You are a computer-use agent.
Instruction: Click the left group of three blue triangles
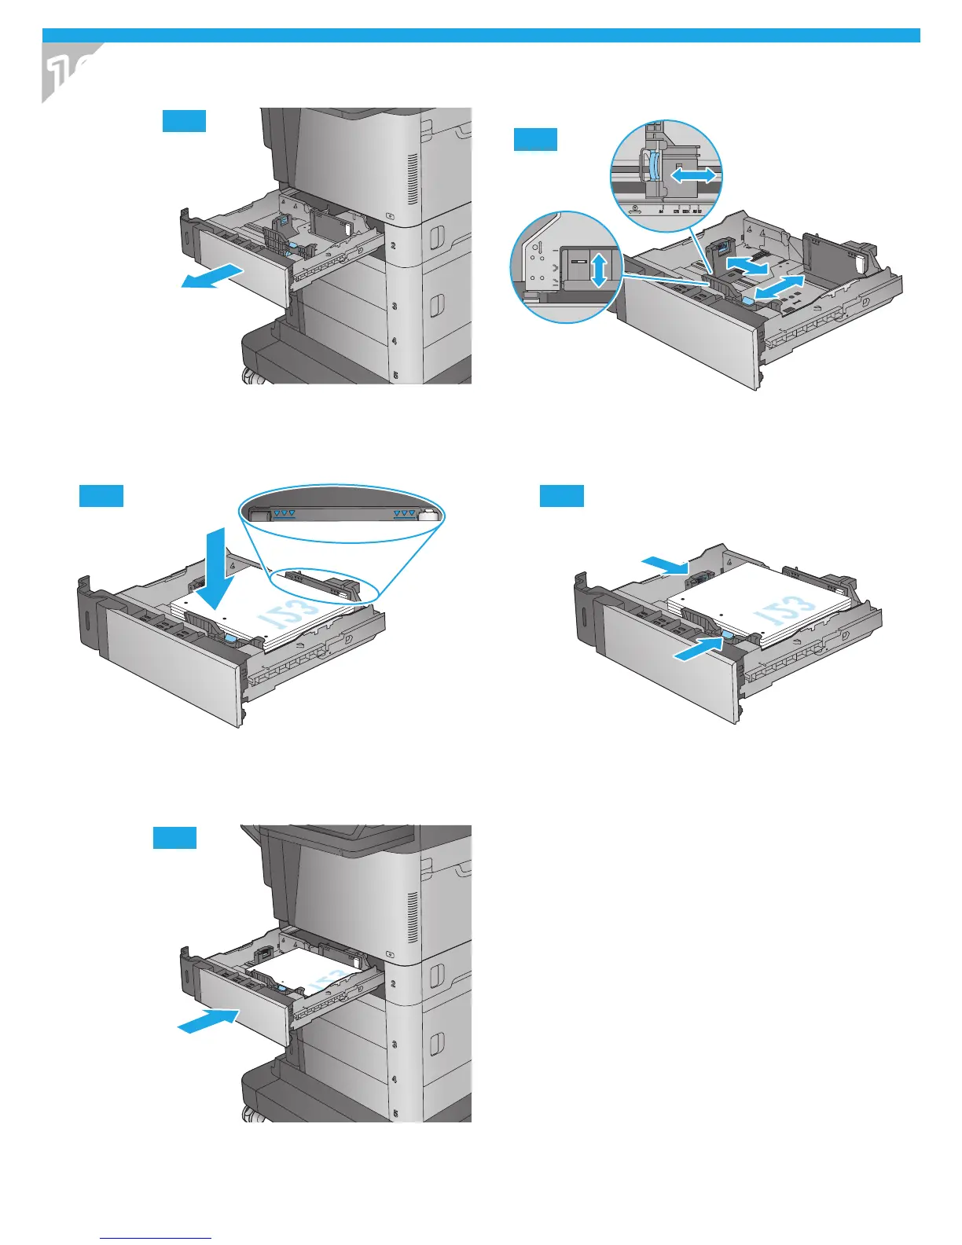[285, 513]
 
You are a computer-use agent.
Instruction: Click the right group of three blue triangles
[404, 513]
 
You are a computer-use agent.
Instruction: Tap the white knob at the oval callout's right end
[428, 515]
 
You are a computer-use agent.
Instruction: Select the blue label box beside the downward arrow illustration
[101, 496]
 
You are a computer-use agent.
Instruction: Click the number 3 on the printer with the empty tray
[393, 307]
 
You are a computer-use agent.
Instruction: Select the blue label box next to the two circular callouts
[535, 139]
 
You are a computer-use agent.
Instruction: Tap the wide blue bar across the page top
[481, 35]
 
